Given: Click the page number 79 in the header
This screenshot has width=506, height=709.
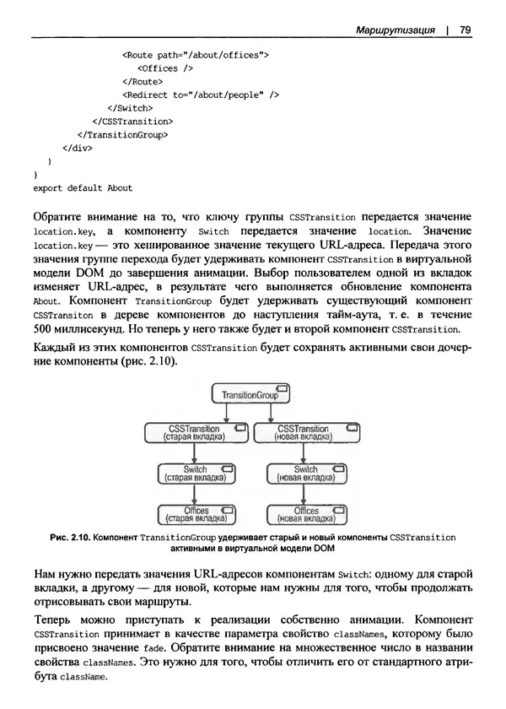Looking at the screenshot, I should click(465, 30).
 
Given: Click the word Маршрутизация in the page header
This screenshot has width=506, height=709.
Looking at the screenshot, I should click(394, 30).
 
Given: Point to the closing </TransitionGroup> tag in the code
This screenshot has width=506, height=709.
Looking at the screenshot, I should click(123, 134).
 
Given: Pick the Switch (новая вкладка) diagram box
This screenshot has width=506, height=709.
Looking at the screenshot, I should click(305, 474).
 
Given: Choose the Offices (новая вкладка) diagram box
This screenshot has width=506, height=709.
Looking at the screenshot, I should click(305, 515).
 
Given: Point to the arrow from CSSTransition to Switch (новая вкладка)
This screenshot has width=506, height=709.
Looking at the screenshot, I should click(305, 453).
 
